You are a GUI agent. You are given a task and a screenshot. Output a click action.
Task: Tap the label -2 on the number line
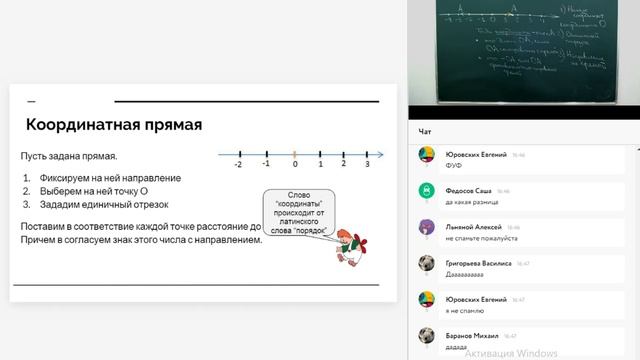(238, 164)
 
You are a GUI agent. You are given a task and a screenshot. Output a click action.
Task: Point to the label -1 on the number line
(265, 163)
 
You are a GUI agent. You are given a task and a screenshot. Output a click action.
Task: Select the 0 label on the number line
(294, 164)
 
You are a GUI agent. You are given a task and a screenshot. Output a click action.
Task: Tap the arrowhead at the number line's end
(380, 153)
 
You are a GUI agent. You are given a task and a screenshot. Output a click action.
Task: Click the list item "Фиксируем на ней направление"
(110, 177)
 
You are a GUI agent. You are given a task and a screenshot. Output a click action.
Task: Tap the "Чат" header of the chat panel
(425, 131)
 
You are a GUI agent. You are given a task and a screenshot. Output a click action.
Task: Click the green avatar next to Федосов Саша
(427, 190)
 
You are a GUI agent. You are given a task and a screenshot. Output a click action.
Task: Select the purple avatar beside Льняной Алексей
(427, 227)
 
